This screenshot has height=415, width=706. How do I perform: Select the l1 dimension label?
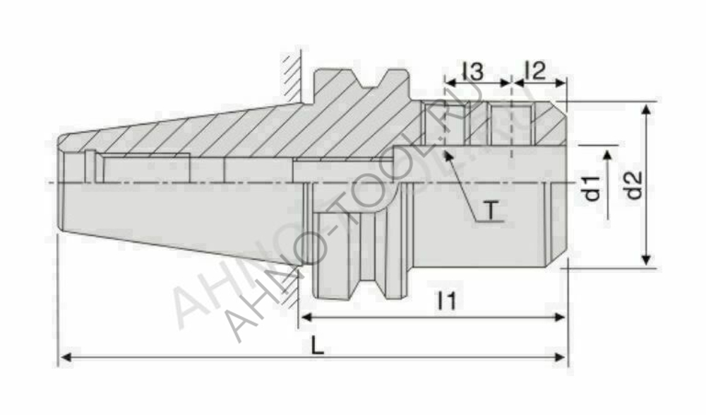pos(446,302)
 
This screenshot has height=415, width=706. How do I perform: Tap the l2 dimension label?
pos(536,70)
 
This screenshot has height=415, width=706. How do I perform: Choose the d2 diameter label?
pos(635,185)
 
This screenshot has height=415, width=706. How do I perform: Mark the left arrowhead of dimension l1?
pos(305,317)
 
